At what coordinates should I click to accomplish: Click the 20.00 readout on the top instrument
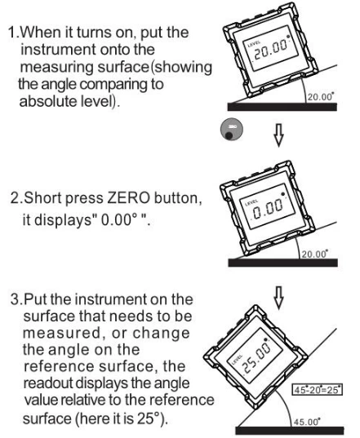[x=269, y=51]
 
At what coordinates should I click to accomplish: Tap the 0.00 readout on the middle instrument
[x=268, y=209]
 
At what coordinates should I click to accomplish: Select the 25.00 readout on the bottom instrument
[x=256, y=358]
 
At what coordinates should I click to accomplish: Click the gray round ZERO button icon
[x=232, y=130]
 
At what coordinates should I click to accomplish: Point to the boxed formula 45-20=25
[x=317, y=389]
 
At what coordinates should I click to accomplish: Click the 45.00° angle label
[x=307, y=421]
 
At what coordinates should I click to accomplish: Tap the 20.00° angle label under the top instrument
[x=321, y=97]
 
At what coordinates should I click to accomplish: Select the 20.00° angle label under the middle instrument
[x=314, y=254]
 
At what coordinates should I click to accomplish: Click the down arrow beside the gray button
[x=278, y=135]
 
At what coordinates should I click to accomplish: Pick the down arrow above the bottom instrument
[x=278, y=298]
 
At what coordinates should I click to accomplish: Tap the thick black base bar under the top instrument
[x=282, y=107]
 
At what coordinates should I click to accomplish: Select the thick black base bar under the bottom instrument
[x=290, y=431]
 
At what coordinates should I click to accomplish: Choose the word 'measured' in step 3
[x=61, y=334]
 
